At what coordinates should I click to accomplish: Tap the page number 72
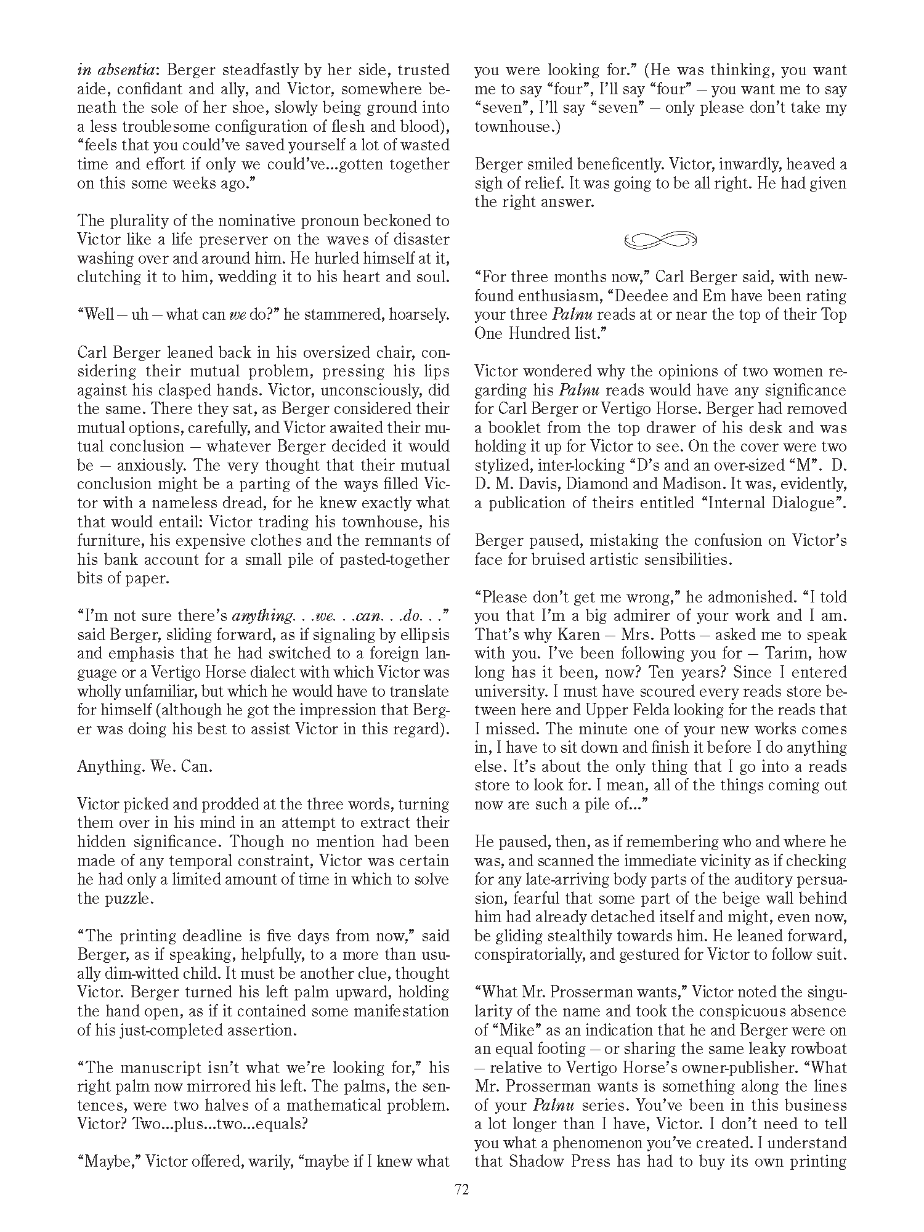[x=461, y=1190]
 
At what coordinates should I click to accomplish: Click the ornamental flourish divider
[x=660, y=240]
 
